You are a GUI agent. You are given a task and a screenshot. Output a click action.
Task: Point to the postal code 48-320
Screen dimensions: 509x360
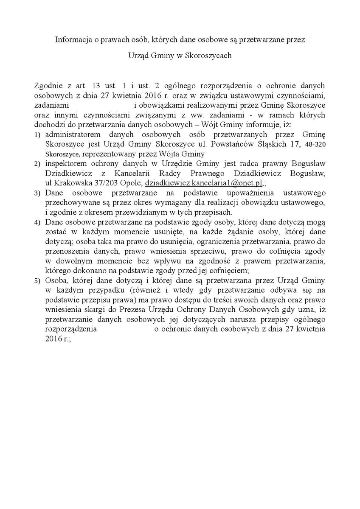[x=316, y=145]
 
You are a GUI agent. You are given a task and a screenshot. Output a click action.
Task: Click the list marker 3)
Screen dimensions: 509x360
[x=37, y=193]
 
